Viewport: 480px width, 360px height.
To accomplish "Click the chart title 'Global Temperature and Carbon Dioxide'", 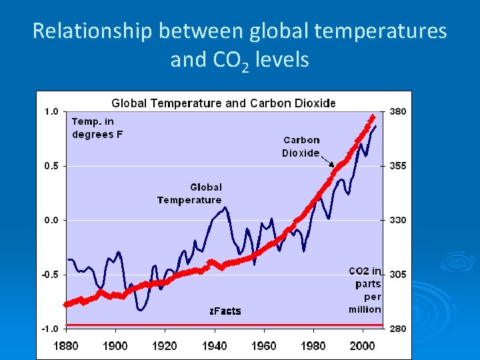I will click(223, 103).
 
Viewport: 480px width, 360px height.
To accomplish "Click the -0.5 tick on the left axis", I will click(50, 274).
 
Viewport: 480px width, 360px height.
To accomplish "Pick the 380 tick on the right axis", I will click(398, 111).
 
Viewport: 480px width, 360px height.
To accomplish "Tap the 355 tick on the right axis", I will click(398, 165).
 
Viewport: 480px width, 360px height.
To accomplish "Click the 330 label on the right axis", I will click(398, 220).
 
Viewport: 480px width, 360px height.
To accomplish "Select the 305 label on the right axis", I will click(398, 274).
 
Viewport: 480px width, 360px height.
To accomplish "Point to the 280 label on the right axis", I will click(398, 329).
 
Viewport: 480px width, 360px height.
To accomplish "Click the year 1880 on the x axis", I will click(65, 345).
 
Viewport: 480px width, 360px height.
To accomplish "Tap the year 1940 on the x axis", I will click(214, 345).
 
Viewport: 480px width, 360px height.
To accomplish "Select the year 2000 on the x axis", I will click(363, 345).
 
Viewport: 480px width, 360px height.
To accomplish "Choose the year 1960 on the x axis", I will click(264, 345).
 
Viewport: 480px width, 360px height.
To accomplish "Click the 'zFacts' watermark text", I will click(225, 311).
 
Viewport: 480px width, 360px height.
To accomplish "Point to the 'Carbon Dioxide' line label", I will click(301, 147).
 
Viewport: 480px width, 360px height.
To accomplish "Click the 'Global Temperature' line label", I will click(190, 194).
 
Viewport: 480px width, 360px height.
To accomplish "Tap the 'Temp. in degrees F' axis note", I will click(97, 127).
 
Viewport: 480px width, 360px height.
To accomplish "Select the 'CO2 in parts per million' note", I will click(365, 290).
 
